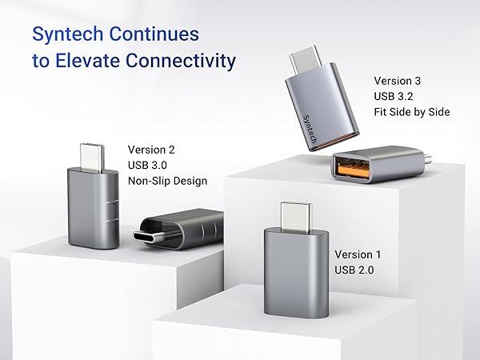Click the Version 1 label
pos(358,254)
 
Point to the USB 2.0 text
pos(354,270)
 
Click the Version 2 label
pos(151,150)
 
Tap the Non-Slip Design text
pos(167,181)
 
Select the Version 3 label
pos(398,81)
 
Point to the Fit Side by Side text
pos(412,112)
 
